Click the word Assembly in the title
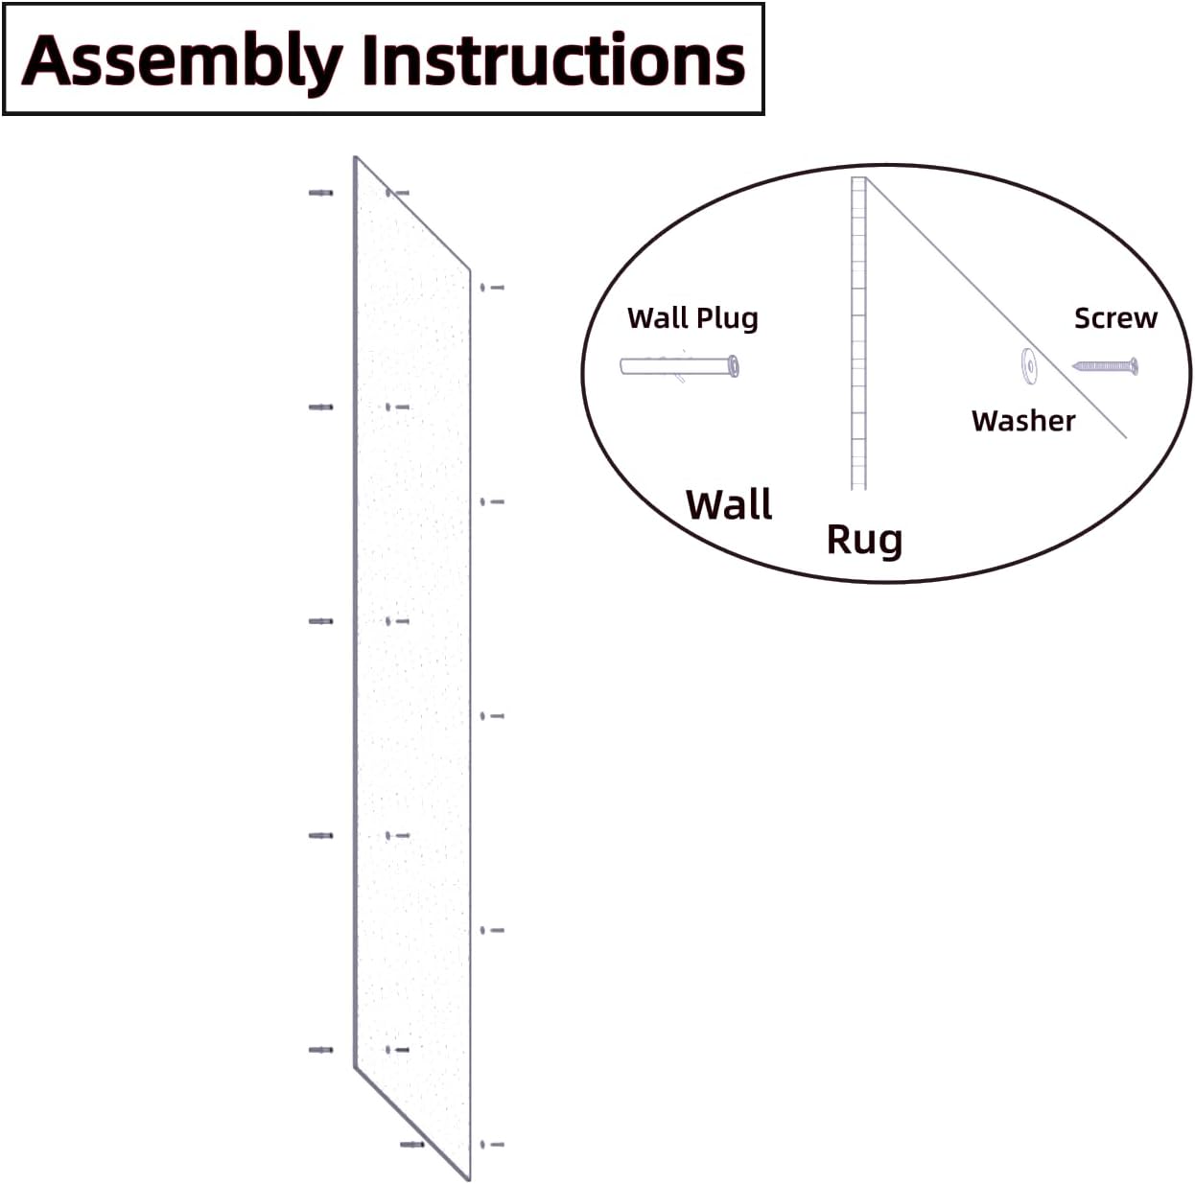click(182, 60)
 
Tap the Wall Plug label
click(692, 318)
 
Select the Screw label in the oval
click(1115, 318)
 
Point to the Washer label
click(1023, 421)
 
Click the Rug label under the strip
click(864, 539)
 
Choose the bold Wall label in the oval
click(729, 505)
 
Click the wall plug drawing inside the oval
click(680, 366)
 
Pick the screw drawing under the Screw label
click(1105, 366)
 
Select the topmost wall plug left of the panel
click(321, 193)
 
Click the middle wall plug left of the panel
click(321, 621)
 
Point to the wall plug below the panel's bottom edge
click(412, 1144)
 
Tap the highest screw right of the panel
click(492, 287)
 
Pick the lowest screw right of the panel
click(492, 1144)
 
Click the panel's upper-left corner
click(356, 158)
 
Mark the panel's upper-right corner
click(470, 270)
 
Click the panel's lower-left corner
click(356, 1066)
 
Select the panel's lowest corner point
click(469, 1179)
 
